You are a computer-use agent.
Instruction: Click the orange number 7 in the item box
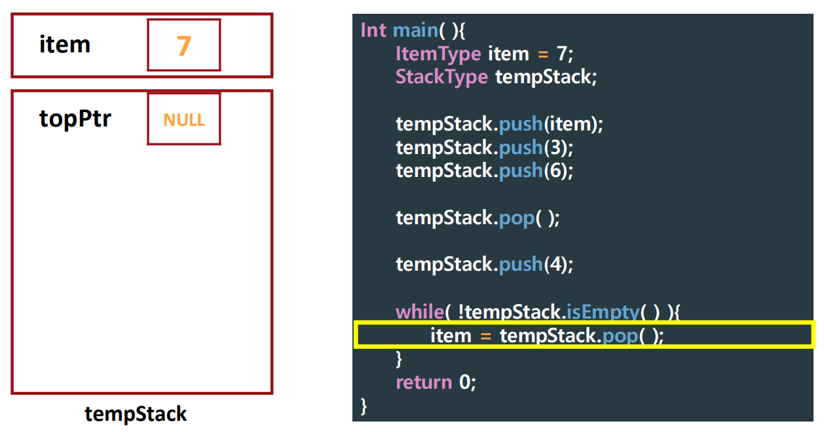pyautogui.click(x=183, y=46)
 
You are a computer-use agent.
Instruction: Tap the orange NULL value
pyautogui.click(x=184, y=120)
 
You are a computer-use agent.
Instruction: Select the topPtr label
pyautogui.click(x=75, y=119)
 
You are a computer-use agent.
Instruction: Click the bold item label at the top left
pyautogui.click(x=65, y=45)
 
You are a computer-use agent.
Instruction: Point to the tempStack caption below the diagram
pyautogui.click(x=136, y=414)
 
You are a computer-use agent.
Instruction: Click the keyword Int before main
pyautogui.click(x=373, y=30)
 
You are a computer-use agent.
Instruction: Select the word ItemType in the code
pyautogui.click(x=438, y=54)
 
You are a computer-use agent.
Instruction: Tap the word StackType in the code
pyautogui.click(x=441, y=77)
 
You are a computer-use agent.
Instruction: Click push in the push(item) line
pyautogui.click(x=521, y=124)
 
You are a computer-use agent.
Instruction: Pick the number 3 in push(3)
pyautogui.click(x=555, y=147)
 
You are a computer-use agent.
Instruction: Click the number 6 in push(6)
pyautogui.click(x=555, y=170)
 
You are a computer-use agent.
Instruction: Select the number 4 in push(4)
pyautogui.click(x=555, y=264)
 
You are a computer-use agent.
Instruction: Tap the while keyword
pyautogui.click(x=419, y=311)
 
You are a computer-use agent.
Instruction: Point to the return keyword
pyautogui.click(x=424, y=382)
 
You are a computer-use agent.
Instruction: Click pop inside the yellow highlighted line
pyautogui.click(x=619, y=336)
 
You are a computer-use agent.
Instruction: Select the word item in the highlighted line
pyautogui.click(x=451, y=336)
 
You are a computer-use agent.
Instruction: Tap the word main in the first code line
pyautogui.click(x=415, y=30)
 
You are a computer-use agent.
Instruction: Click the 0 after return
pyautogui.click(x=464, y=382)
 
